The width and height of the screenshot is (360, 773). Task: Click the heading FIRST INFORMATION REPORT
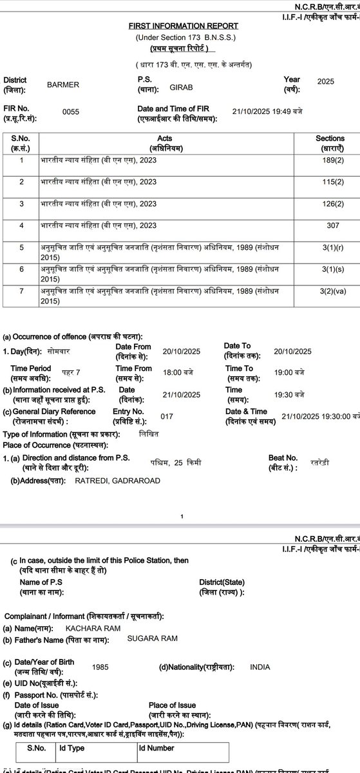(185, 26)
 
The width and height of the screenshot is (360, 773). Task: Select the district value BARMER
(63, 83)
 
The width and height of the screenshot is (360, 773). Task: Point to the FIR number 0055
(70, 111)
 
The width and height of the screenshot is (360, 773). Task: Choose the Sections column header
(330, 142)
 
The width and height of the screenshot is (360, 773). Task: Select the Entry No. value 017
(167, 416)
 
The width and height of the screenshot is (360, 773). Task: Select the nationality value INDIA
(260, 667)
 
